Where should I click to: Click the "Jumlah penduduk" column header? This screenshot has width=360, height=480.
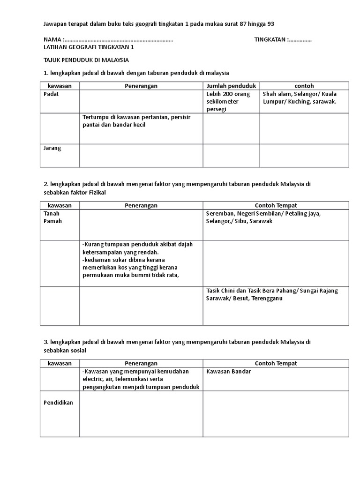coord(231,86)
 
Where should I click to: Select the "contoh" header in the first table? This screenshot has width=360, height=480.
coord(304,86)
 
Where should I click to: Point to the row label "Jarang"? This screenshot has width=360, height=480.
coord(52,148)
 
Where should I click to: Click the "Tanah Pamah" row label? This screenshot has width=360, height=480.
coord(52,217)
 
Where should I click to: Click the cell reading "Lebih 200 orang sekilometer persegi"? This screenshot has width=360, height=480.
coord(228,101)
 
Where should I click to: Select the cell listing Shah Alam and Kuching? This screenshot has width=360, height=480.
coord(303,97)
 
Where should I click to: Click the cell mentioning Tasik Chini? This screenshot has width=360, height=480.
coord(272,294)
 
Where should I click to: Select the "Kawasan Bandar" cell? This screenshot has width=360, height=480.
coord(228,371)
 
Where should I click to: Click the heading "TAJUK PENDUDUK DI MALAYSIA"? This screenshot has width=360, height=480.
coord(86,60)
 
